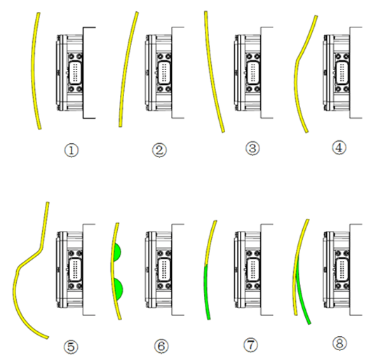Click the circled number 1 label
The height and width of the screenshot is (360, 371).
[x=72, y=150]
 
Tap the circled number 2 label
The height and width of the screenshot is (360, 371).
[x=159, y=150]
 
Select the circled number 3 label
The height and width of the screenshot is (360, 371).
[x=252, y=148]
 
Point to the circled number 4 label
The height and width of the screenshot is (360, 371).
[x=339, y=148]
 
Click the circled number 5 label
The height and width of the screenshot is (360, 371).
[x=71, y=347]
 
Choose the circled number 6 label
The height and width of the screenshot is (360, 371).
[x=161, y=346]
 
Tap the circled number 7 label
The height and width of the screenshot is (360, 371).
[x=251, y=345]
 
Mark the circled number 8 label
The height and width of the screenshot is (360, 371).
[x=339, y=343]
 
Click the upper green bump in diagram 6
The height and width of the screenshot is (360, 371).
[x=117, y=253]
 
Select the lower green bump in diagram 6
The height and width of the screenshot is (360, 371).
[x=119, y=288]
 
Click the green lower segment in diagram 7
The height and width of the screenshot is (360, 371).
[x=206, y=293]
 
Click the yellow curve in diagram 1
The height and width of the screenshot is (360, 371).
[x=33, y=71]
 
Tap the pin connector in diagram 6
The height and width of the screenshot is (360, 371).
[x=164, y=269]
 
